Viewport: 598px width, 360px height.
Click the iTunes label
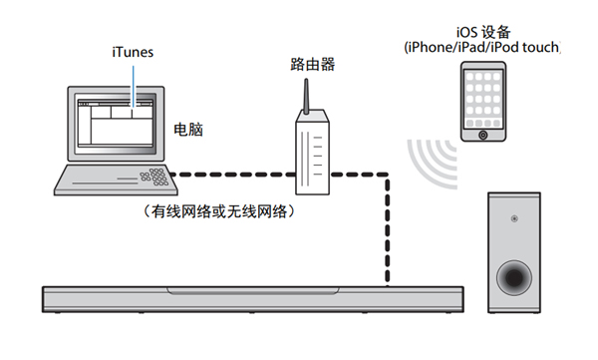(x=132, y=51)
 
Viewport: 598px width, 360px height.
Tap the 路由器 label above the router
(x=314, y=65)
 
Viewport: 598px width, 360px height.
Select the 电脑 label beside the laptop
(x=189, y=131)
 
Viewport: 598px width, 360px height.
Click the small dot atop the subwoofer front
(x=513, y=217)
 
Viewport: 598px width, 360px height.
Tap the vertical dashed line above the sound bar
(x=386, y=234)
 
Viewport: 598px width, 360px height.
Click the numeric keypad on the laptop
(x=155, y=180)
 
